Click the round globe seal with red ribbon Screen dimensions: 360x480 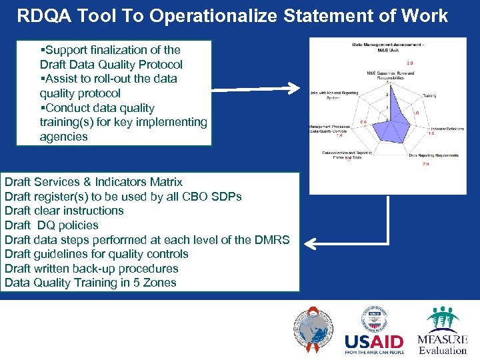tap(312, 331)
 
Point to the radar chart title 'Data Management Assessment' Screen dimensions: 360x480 tap(387, 45)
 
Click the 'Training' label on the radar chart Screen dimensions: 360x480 tap(429, 95)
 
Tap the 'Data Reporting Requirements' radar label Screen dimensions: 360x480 tap(433, 155)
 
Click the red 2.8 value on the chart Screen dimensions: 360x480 tap(411, 63)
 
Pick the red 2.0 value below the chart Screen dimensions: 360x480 tap(425, 164)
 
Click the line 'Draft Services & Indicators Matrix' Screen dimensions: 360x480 tap(93, 182)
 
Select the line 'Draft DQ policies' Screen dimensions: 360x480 tap(51, 225)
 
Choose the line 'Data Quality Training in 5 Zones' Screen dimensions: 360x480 tap(91, 283)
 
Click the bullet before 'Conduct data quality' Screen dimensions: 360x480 tap(42, 108)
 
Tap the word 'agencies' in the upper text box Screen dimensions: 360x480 tap(63, 137)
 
